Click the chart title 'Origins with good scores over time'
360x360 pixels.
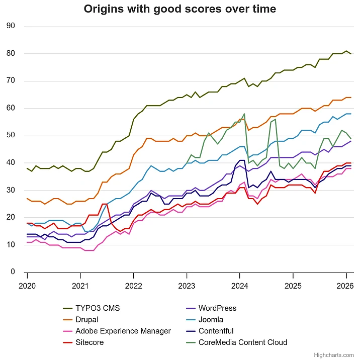coord(179,9)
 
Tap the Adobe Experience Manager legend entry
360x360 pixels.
coord(123,331)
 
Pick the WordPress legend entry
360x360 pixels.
coord(217,308)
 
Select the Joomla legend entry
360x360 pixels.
coord(211,319)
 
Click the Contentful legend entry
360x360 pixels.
coord(216,331)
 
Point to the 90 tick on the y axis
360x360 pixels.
coord(11,26)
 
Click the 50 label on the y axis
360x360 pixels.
coord(11,136)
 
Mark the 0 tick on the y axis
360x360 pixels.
coord(13,272)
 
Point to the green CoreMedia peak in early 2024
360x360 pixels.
coord(244,114)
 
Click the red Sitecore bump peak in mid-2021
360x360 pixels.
coord(105,204)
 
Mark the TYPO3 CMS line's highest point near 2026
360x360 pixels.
coord(346,51)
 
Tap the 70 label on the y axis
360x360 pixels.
coord(11,81)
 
